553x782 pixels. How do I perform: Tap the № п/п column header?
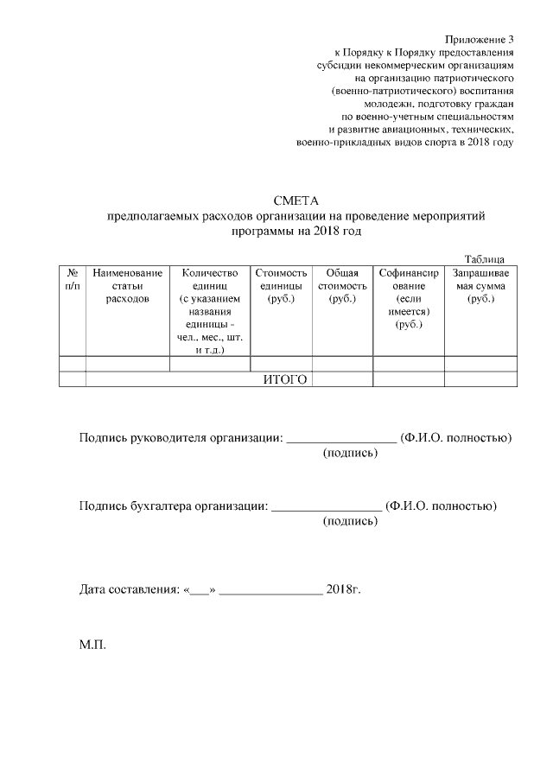tap(73, 279)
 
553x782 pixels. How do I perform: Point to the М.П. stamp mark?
tap(92, 645)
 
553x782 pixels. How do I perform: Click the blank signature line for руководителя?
tap(341, 439)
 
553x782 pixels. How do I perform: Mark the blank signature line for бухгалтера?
tap(327, 506)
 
